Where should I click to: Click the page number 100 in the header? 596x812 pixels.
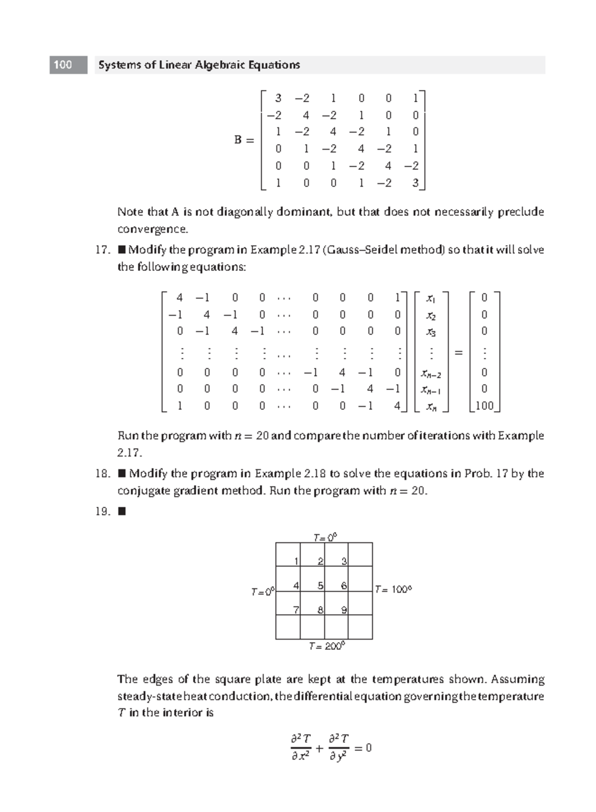point(63,65)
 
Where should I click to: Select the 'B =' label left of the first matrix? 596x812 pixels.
point(244,140)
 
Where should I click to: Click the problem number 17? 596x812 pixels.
point(102,250)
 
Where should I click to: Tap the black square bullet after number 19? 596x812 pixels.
point(122,511)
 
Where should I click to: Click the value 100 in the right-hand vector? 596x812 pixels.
point(484,406)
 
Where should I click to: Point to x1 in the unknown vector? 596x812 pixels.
point(431,298)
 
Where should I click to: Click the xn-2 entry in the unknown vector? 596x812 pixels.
point(431,373)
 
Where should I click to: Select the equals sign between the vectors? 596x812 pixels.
point(458,352)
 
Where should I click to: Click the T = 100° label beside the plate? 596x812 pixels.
point(393,590)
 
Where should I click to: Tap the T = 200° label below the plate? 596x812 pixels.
point(326,646)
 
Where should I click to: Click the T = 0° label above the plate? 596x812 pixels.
point(325,537)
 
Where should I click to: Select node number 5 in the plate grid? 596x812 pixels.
point(320,586)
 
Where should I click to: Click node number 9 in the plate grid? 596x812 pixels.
point(344,610)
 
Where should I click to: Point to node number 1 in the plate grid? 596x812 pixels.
point(296,561)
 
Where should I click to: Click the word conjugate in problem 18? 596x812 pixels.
point(140,491)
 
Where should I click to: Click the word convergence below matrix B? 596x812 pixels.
point(152,229)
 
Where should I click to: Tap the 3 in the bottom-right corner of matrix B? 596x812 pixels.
point(415,183)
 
